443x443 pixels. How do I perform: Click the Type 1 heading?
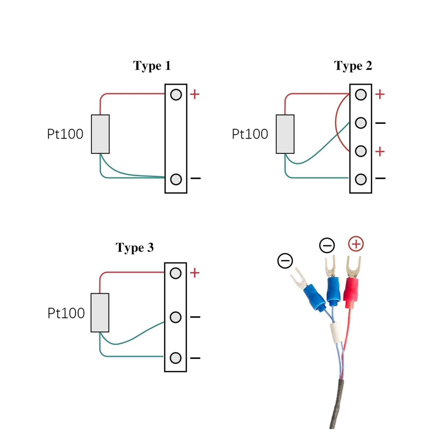pyautogui.click(x=152, y=66)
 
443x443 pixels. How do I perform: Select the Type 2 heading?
pyautogui.click(x=353, y=66)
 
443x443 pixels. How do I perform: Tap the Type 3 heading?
pyautogui.click(x=135, y=248)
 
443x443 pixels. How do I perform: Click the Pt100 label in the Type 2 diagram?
pyautogui.click(x=250, y=134)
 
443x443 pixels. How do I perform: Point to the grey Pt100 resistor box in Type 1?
pyautogui.click(x=100, y=134)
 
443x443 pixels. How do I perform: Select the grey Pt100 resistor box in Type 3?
pyautogui.click(x=100, y=313)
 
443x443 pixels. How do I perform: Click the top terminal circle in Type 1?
pyautogui.click(x=176, y=95)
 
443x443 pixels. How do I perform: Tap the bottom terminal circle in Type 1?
pyautogui.click(x=176, y=179)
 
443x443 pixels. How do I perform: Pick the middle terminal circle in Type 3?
pyautogui.click(x=176, y=317)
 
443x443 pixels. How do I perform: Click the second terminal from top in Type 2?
pyautogui.click(x=361, y=123)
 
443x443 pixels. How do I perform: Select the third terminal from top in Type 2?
pyautogui.click(x=361, y=151)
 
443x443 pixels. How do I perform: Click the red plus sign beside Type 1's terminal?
pyautogui.click(x=195, y=94)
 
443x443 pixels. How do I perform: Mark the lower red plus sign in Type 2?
pyautogui.click(x=380, y=151)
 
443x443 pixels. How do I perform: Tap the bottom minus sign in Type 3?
pyautogui.click(x=195, y=358)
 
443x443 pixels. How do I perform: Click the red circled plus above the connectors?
pyautogui.click(x=356, y=244)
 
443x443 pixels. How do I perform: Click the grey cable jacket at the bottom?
pyautogui.click(x=337, y=404)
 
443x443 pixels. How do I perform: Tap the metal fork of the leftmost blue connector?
pyautogui.click(x=298, y=278)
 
